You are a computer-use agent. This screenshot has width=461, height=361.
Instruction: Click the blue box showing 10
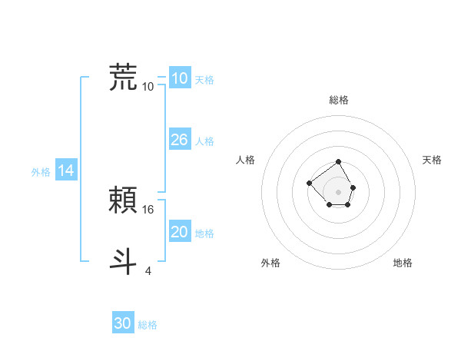coord(179,78)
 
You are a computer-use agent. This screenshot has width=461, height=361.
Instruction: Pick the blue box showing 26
coord(179,140)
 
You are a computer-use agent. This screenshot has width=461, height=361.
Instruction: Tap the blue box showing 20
coord(179,232)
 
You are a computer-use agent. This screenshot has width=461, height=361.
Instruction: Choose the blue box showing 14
coord(66,171)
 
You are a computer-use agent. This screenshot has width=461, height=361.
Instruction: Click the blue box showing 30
coord(123,323)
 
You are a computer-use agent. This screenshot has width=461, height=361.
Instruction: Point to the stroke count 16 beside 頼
coord(149,209)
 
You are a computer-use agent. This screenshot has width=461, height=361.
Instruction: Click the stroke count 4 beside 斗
coord(148,270)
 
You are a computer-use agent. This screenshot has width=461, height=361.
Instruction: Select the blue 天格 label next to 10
coord(204,80)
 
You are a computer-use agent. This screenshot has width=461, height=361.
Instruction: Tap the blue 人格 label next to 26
coord(204,141)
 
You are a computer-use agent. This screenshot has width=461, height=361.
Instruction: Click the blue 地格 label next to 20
coord(204,233)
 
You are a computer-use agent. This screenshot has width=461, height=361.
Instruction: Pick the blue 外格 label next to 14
coord(41,173)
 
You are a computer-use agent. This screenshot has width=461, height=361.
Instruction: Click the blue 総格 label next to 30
coord(148,325)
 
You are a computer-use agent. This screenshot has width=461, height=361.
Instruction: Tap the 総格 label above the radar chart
coord(339,100)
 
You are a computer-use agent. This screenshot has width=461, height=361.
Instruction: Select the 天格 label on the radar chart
coord(432,160)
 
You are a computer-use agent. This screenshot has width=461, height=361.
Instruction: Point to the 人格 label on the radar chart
coord(246,160)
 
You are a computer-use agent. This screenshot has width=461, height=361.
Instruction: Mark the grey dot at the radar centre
coord(339,191)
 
